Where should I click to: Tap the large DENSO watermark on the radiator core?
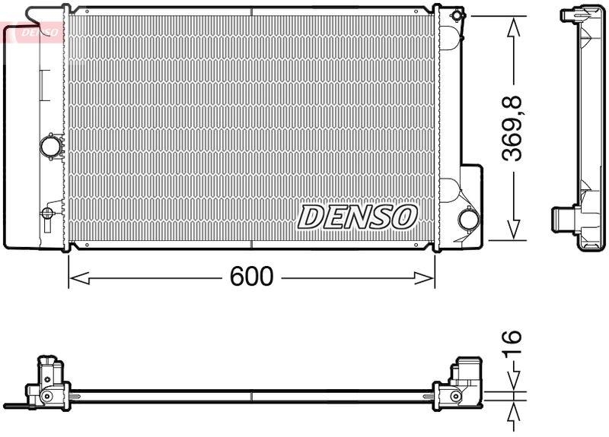[x=357, y=217]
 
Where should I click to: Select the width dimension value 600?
[x=251, y=277]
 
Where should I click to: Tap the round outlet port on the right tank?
[x=468, y=220]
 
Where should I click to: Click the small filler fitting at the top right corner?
[x=456, y=15]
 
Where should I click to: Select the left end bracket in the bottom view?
[x=49, y=383]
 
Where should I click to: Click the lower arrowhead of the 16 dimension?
[x=514, y=410]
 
